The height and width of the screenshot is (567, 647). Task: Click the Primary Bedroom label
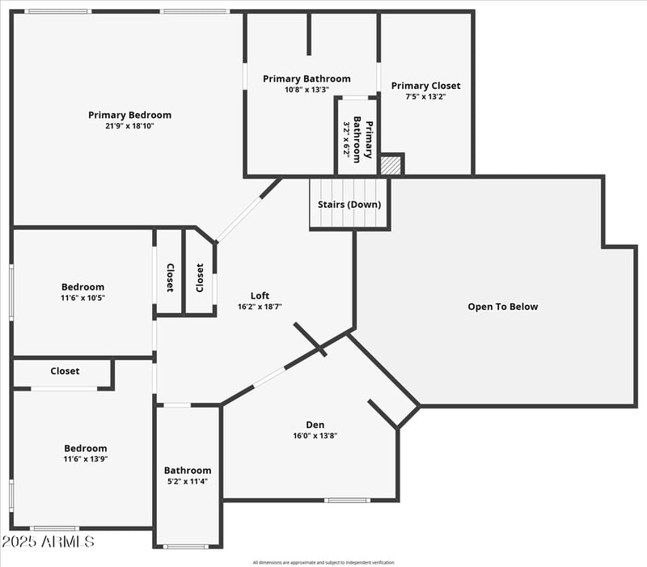coord(129,115)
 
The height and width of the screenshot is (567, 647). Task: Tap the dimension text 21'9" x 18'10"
coord(129,125)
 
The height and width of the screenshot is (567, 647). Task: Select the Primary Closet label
coord(425,86)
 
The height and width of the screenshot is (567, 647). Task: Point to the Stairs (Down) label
coord(349,205)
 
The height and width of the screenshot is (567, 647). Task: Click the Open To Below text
coord(502,307)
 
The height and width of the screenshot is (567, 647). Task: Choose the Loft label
coord(260,296)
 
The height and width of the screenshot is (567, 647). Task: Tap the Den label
coord(315,425)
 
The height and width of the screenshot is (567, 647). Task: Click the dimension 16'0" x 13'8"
coord(315,435)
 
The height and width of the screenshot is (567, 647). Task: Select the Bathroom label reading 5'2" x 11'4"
coord(188,471)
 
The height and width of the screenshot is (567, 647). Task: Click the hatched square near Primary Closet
coord(391,165)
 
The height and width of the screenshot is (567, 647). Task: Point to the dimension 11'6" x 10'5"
coord(82,298)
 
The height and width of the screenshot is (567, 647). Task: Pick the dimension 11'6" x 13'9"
coord(85,459)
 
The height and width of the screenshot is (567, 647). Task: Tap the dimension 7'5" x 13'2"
coord(425,96)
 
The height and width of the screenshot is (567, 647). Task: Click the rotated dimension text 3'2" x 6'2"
coord(347,139)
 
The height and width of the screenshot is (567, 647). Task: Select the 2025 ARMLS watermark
coord(48,541)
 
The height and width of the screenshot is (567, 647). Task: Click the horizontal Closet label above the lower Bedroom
coord(65,371)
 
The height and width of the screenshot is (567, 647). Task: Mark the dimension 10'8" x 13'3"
coord(307,90)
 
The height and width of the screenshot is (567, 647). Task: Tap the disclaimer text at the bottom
coord(323,562)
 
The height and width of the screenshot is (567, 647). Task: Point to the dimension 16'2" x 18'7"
coord(260,307)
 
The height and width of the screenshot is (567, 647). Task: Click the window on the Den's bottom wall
coord(348,500)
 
